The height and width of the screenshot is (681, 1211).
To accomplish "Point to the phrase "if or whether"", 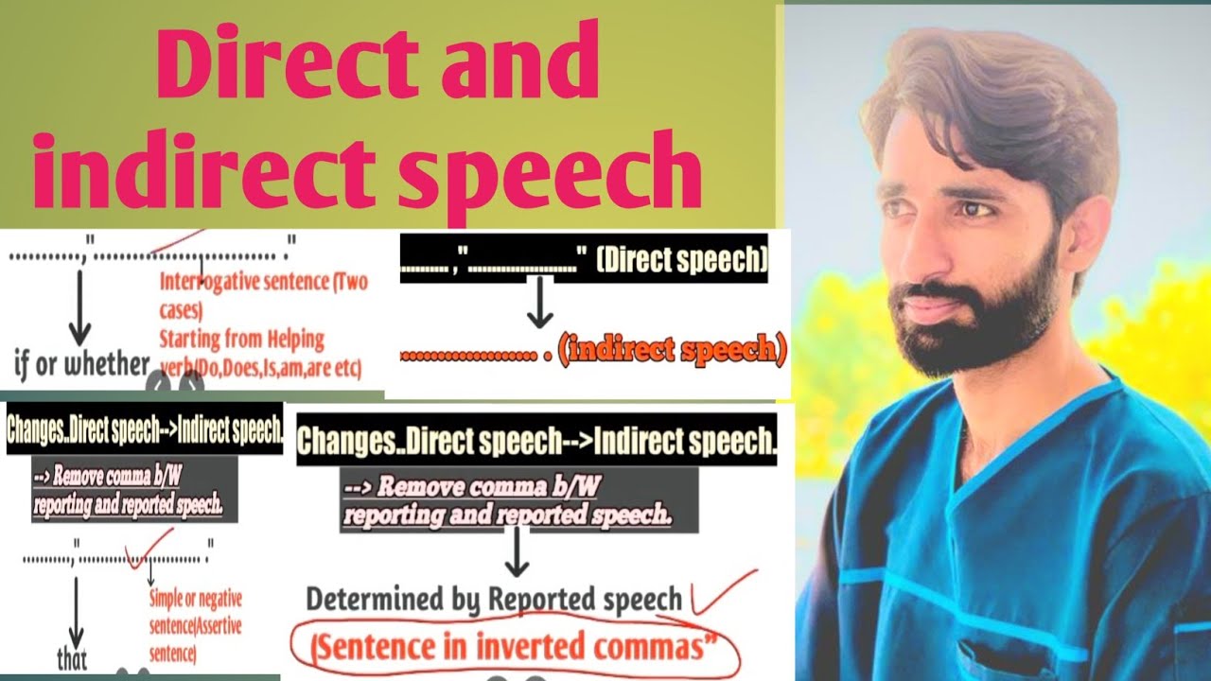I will (82, 364).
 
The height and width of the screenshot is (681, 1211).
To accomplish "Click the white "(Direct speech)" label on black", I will (680, 260).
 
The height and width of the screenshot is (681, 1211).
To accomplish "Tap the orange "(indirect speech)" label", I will (672, 352).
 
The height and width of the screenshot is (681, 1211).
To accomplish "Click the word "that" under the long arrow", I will (73, 658).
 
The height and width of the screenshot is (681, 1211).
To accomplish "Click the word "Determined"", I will (372, 599).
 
